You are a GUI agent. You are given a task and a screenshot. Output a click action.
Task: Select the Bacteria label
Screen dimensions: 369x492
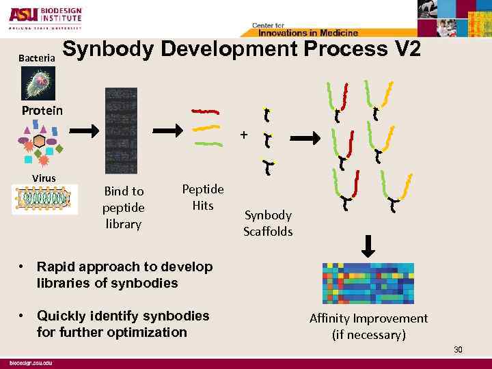(37, 59)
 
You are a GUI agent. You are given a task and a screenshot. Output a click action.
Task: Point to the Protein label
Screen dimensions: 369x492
(42, 111)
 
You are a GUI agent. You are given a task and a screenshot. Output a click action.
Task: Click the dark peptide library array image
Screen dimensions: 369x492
(120, 131)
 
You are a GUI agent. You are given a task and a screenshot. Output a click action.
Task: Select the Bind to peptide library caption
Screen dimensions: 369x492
(123, 207)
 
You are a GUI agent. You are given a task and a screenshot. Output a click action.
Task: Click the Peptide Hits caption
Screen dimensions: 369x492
(203, 197)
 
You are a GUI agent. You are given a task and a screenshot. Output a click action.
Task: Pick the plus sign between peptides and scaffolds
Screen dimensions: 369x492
(243, 135)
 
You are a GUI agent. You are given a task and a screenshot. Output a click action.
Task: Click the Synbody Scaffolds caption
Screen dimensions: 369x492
(268, 223)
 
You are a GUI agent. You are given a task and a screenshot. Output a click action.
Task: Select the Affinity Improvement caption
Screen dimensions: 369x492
(368, 327)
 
